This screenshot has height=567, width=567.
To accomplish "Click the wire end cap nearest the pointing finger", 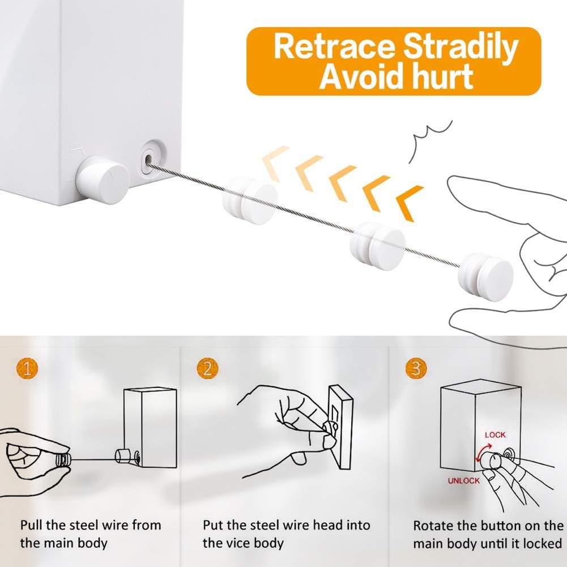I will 488,274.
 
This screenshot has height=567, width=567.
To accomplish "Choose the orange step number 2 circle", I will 208,370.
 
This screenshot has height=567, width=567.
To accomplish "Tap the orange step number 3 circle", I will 416,370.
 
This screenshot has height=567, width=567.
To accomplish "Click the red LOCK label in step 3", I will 495,434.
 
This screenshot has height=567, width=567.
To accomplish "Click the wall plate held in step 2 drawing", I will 341,427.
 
